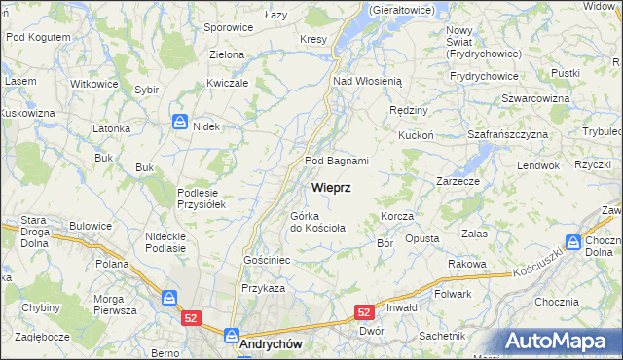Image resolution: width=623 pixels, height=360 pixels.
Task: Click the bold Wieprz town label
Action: click(332, 186)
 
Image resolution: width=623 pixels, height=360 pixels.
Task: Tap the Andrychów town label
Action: click(270, 343)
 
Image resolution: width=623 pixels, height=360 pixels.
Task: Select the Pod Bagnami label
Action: click(337, 161)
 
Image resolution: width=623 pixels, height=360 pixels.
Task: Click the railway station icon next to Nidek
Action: click(180, 122)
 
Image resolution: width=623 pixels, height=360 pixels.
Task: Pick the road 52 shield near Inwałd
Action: click(364, 312)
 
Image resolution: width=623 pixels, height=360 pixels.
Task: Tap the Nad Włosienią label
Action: click(375, 82)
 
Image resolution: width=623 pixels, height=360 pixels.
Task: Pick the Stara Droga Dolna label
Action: click(28, 233)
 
